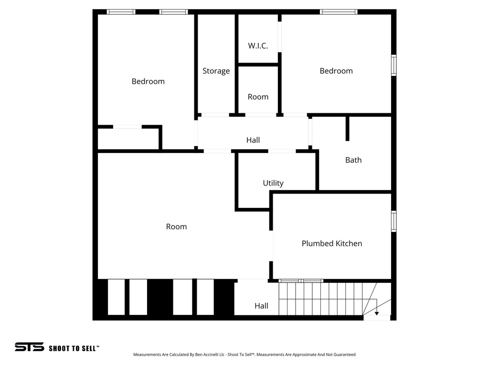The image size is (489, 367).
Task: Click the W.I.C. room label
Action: point(258,46)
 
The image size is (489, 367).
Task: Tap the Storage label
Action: point(216,71)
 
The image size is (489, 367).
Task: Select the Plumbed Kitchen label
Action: point(331,243)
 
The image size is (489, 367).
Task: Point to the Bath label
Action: point(353,160)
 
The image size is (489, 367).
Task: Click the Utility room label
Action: point(273,183)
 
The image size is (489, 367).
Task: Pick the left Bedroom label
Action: point(148,81)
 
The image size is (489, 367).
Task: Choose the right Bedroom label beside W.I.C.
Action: point(336,71)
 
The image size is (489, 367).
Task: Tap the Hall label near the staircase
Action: point(261,306)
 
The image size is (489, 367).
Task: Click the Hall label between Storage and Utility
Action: point(253,140)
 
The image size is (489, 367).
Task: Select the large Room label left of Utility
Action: point(176,227)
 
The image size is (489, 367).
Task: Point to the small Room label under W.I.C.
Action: point(258,97)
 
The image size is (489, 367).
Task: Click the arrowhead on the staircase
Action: point(377,313)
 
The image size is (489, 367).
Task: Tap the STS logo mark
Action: point(29,347)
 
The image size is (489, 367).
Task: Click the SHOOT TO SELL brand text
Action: point(74,348)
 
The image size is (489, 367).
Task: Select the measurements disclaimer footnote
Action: point(244,355)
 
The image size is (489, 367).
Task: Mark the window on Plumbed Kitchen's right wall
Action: point(394,221)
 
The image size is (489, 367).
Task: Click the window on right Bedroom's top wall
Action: point(339,12)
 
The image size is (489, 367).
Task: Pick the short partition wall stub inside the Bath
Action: point(348,128)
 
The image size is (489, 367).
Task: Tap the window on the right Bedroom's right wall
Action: point(394,65)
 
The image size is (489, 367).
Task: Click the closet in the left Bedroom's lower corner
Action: point(128,139)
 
